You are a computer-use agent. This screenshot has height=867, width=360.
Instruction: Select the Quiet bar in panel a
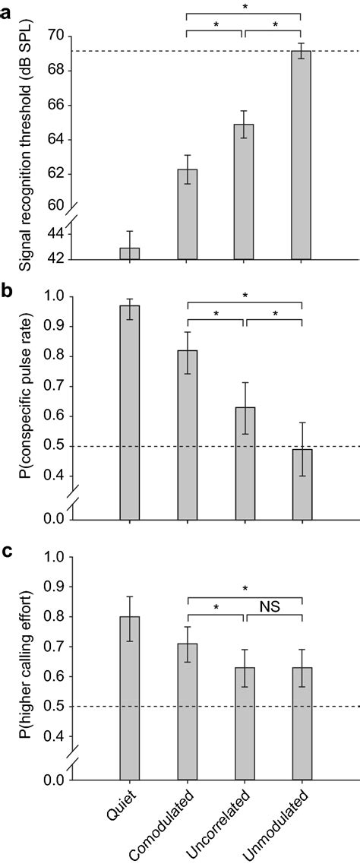(x=130, y=253)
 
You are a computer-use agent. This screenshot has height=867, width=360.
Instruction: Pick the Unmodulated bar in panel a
(x=302, y=155)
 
